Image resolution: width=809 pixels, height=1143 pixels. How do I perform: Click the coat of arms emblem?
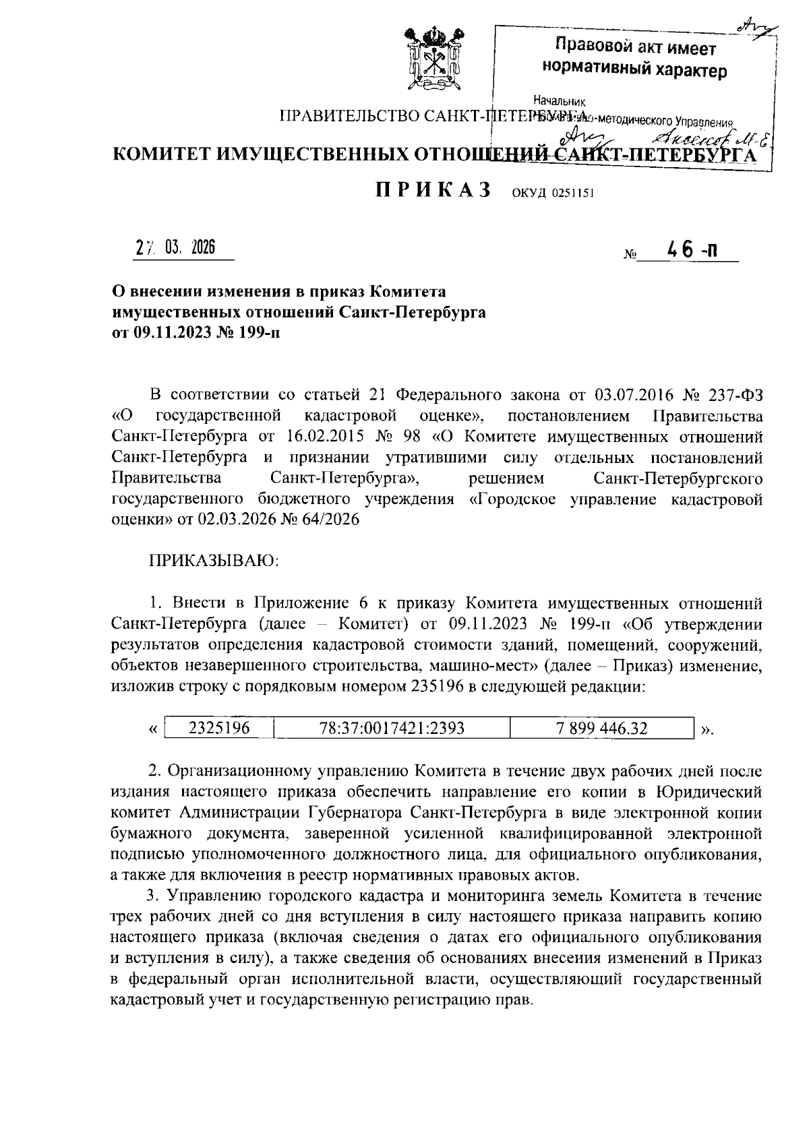[429, 60]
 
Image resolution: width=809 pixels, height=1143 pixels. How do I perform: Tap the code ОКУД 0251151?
[553, 194]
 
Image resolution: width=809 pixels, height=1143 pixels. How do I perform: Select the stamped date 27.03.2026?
[175, 248]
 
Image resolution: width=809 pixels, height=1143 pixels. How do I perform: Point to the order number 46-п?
[691, 251]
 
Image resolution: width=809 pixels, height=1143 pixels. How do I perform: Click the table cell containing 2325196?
[219, 728]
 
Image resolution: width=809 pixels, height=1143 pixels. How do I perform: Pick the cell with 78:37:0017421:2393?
[392, 728]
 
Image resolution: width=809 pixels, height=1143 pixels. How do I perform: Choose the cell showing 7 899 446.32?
[601, 728]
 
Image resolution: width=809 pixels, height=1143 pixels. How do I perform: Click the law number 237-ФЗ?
[733, 394]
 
